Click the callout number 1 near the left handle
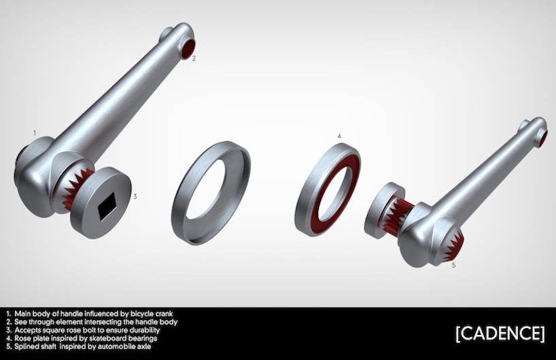pyautogui.click(x=35, y=133)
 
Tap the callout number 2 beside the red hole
pyautogui.click(x=194, y=59)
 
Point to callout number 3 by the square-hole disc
pyautogui.click(x=135, y=196)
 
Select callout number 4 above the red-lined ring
pyautogui.click(x=339, y=137)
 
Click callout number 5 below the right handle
pyautogui.click(x=454, y=265)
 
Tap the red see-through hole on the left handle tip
pyautogui.click(x=188, y=48)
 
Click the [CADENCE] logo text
pyautogui.click(x=500, y=334)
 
